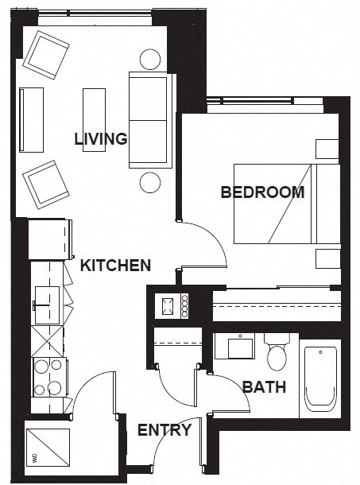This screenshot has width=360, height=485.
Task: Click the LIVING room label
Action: [x=101, y=139]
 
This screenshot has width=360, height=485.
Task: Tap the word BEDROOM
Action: [x=262, y=192]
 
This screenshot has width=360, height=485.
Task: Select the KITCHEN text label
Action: [x=116, y=265]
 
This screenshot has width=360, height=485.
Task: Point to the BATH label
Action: [x=264, y=388]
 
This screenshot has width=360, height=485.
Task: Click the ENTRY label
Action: [x=165, y=431]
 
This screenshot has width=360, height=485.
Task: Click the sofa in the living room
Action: [x=149, y=119]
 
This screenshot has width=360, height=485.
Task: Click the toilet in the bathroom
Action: [x=277, y=354]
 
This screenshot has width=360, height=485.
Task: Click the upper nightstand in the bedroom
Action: [x=327, y=149]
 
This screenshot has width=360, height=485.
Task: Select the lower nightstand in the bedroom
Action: [x=327, y=259]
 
